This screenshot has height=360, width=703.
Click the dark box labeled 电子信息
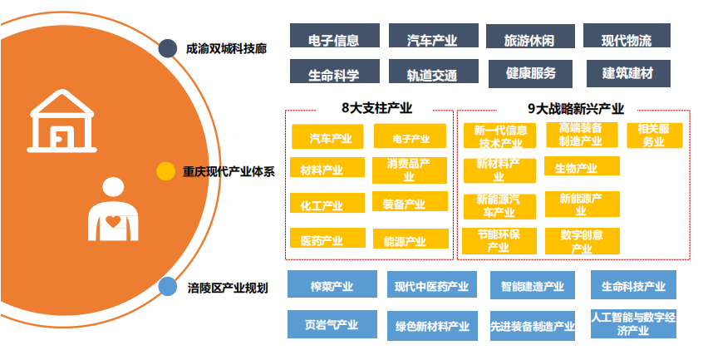(x=333, y=37)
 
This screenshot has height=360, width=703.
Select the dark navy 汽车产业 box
(x=433, y=37)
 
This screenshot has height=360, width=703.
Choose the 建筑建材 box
(x=628, y=72)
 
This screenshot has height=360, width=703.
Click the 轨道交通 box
(x=432, y=73)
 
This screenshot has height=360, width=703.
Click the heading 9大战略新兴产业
(x=576, y=108)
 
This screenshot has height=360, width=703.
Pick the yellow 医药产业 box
(x=327, y=239)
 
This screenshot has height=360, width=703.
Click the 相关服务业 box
(x=654, y=136)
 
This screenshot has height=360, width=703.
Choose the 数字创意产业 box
(x=582, y=240)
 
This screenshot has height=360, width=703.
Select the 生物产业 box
(x=582, y=169)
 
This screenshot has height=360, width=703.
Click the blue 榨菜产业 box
(x=332, y=286)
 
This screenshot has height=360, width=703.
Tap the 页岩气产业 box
(x=332, y=324)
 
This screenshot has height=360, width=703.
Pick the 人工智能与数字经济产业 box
(x=633, y=323)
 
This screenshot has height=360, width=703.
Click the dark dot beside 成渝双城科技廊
(x=167, y=48)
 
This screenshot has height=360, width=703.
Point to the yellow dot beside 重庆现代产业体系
(x=166, y=171)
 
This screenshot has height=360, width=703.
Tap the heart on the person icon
(x=112, y=220)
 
